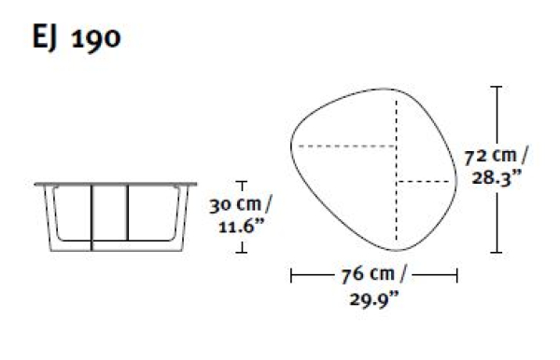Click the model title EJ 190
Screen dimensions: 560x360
point(77,37)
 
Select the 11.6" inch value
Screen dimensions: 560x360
point(241,227)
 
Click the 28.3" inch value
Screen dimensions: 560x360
point(497,177)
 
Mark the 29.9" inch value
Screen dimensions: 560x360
point(373,299)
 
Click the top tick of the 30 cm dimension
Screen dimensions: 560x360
point(242,182)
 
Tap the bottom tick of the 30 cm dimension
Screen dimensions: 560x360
point(242,252)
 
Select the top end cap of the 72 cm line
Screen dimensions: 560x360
point(497,87)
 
